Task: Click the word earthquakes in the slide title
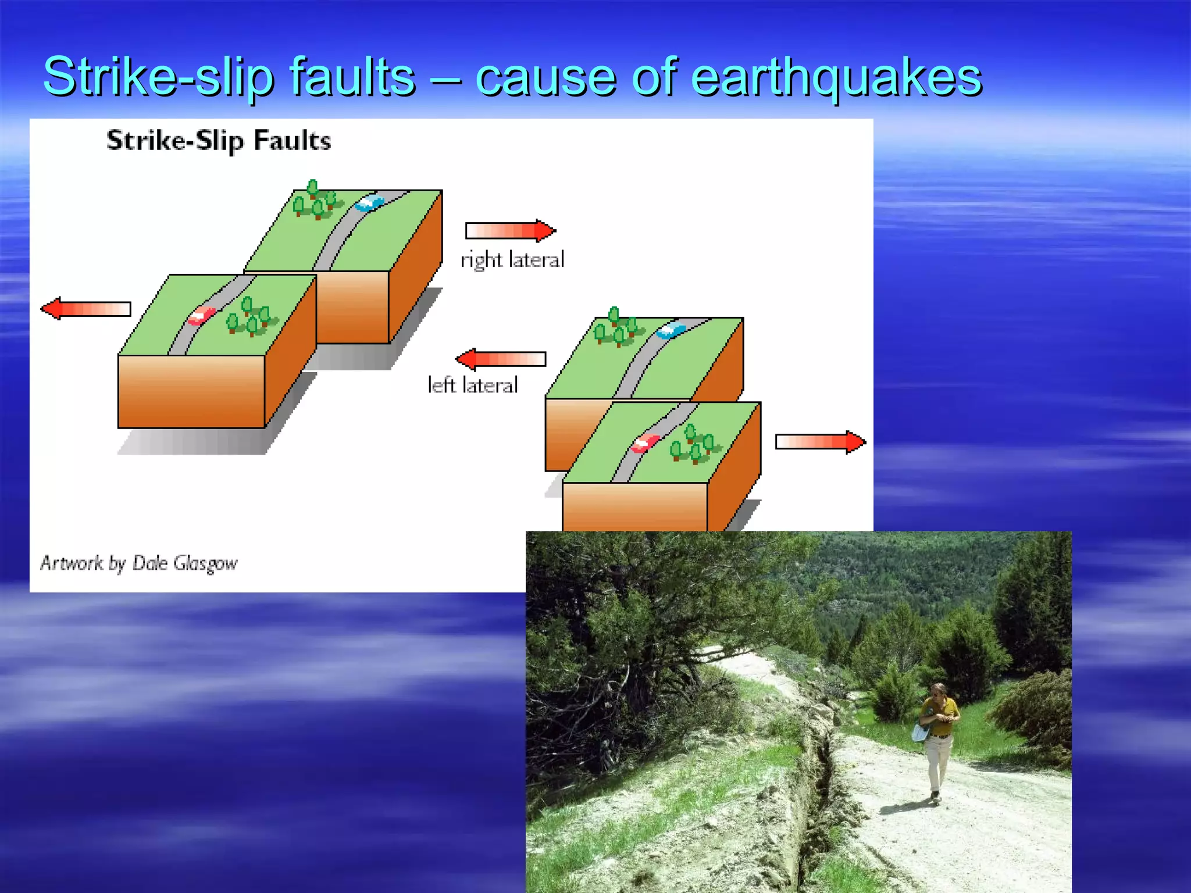click(x=836, y=77)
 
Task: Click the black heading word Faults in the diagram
click(x=292, y=141)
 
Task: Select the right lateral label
click(x=512, y=259)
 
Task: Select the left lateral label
click(x=472, y=385)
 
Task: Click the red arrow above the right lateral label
click(x=511, y=231)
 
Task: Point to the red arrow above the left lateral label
click(x=501, y=359)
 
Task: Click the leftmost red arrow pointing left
click(x=85, y=308)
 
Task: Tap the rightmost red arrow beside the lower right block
click(x=821, y=442)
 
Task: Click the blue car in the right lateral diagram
click(x=370, y=203)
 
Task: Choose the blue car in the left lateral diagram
click(x=671, y=330)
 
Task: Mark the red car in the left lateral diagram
click(x=645, y=443)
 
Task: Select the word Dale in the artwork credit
click(x=150, y=562)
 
